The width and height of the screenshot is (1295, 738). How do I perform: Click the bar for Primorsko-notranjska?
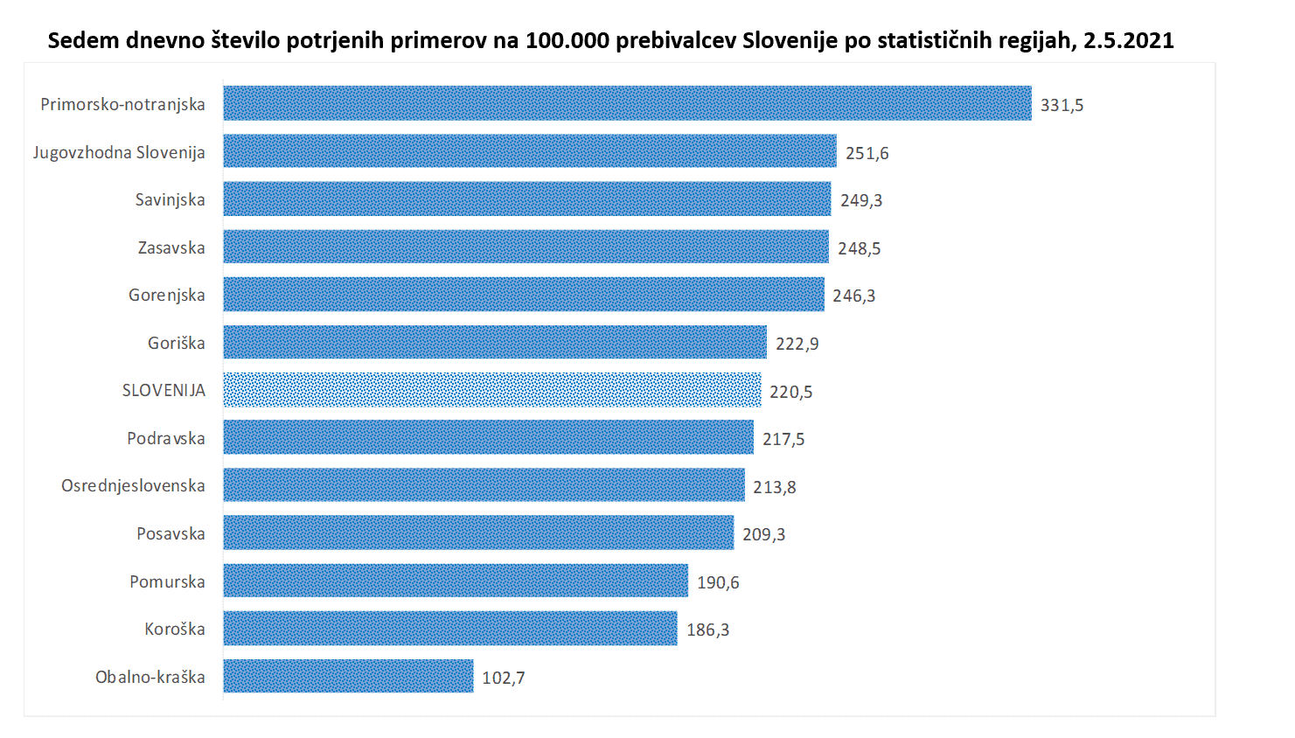627,103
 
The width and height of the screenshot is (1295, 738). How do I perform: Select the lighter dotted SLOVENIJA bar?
491,390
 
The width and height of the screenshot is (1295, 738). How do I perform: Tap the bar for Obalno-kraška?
348,676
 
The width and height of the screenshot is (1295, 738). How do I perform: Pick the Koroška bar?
449,629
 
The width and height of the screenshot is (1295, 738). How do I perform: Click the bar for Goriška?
494,342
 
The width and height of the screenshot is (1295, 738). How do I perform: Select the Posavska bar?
478,533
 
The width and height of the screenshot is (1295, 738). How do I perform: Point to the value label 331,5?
1062,105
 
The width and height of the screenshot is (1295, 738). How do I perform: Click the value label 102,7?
503,678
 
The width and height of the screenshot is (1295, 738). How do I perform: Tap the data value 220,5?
790,392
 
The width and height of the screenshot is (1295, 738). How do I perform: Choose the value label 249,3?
861,200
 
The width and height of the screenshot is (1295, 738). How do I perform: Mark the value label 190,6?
718,582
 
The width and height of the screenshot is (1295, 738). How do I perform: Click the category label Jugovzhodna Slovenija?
119,152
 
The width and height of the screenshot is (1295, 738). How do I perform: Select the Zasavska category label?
171,247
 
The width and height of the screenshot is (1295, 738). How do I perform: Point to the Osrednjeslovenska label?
133,485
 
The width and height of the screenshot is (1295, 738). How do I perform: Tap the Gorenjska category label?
166,295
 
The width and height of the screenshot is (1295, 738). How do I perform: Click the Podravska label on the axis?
165,438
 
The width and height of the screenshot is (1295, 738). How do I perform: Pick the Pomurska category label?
167,581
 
